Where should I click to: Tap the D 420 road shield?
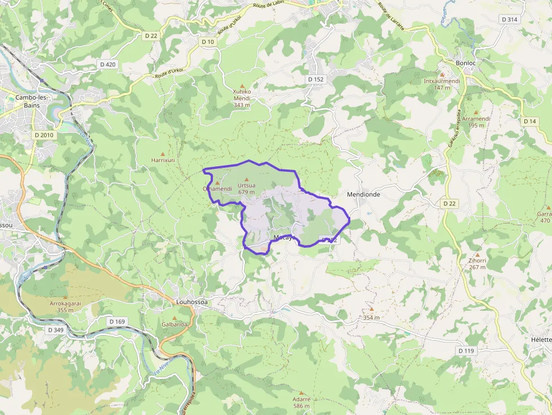(106, 64)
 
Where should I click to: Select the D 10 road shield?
(208, 42)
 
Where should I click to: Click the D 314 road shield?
(509, 19)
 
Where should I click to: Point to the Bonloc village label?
(465, 63)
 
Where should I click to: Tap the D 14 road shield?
(529, 121)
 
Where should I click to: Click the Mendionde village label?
(363, 194)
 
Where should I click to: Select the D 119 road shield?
(466, 351)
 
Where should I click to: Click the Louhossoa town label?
(192, 302)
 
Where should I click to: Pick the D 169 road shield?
(117, 322)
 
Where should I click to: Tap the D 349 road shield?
(55, 329)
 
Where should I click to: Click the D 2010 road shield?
(43, 135)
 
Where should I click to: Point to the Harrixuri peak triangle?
(163, 154)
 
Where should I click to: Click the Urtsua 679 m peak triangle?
(246, 180)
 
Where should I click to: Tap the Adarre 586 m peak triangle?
(302, 393)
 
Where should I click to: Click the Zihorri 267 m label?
(477, 264)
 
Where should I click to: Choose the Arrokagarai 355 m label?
(65, 306)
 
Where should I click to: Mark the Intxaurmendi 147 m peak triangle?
(442, 74)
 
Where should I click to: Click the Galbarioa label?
(174, 324)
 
